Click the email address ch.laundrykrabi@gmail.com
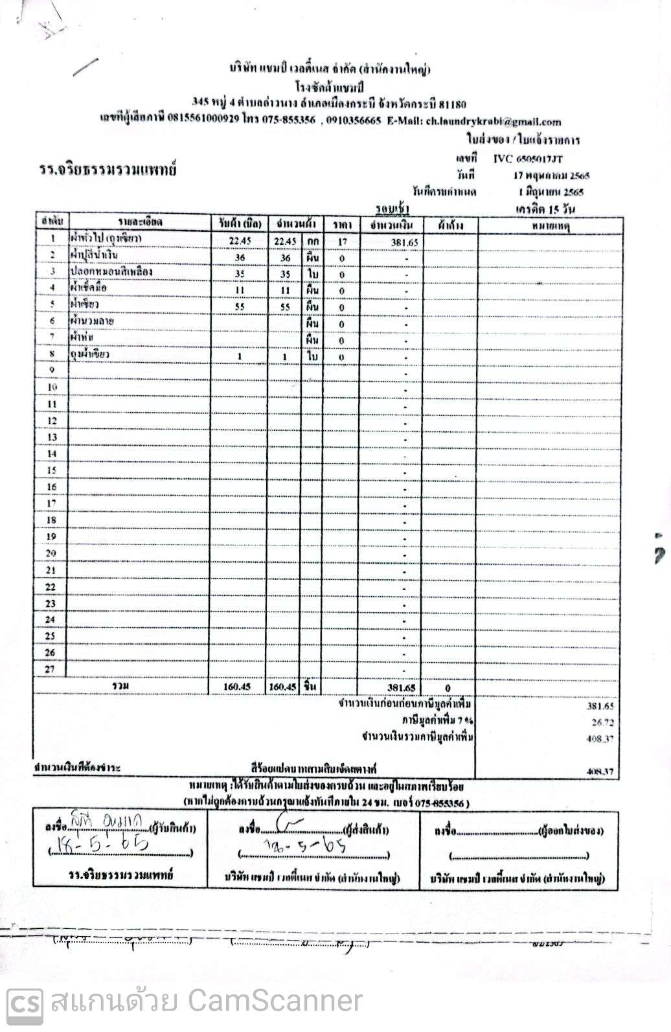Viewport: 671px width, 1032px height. click(494, 121)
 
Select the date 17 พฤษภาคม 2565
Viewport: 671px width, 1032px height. click(551, 175)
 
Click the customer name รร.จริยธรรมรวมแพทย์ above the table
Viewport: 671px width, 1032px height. click(107, 170)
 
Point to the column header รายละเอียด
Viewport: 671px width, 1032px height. click(140, 223)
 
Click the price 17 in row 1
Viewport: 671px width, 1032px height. click(343, 241)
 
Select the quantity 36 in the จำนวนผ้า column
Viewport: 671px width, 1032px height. click(285, 258)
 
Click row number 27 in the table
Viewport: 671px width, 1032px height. click(50, 669)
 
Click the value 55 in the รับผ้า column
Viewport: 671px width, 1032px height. click(239, 307)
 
